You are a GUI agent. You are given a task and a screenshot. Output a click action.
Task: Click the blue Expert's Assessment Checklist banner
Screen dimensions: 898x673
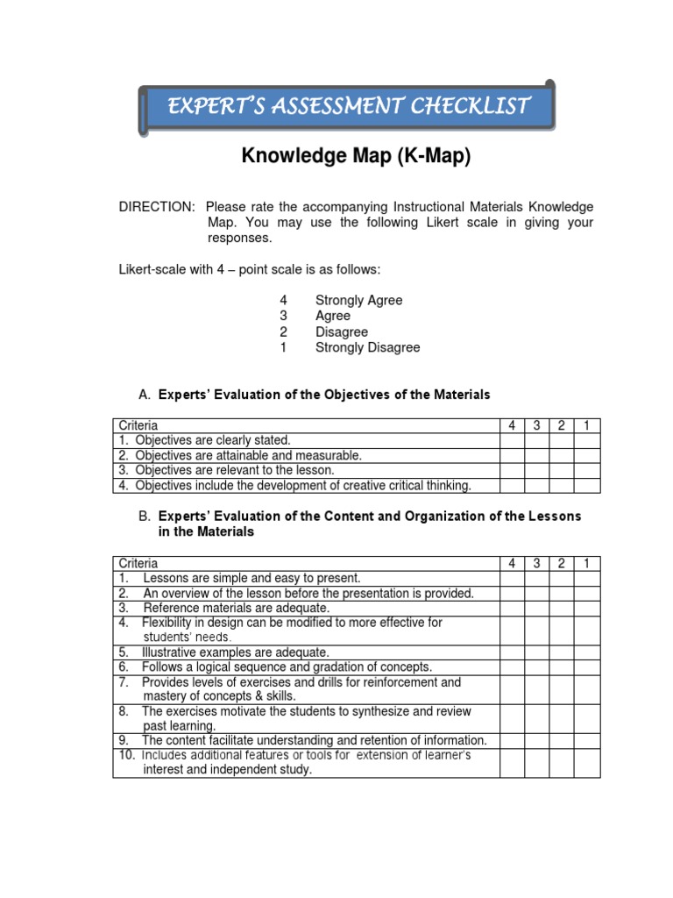tap(348, 107)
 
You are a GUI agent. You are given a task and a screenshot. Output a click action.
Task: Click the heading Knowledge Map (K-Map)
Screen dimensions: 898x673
tap(356, 157)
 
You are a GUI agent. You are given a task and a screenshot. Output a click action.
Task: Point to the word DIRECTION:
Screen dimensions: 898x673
tap(158, 207)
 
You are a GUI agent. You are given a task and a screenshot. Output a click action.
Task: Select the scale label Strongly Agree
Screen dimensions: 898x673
tap(358, 300)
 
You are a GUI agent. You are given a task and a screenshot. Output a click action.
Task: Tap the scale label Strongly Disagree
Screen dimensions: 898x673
tap(367, 347)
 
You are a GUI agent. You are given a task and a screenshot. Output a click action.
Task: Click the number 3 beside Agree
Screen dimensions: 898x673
tap(283, 316)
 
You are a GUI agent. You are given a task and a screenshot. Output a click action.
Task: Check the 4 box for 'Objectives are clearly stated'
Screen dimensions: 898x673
tap(511, 440)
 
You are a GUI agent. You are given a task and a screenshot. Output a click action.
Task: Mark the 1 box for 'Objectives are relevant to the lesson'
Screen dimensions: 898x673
tap(587, 470)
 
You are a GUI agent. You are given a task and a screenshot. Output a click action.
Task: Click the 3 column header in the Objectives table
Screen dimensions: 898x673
tap(535, 425)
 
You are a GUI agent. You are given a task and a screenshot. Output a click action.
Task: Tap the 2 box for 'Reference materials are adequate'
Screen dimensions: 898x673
tap(561, 608)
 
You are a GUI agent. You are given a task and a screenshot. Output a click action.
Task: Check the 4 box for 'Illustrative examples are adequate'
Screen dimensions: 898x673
tap(511, 652)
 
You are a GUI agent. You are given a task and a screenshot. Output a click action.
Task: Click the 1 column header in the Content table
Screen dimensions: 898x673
tap(587, 563)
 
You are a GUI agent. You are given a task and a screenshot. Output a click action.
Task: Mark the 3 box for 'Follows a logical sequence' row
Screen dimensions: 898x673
tap(535, 667)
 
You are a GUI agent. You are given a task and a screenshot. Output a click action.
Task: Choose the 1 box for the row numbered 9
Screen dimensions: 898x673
tap(587, 741)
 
